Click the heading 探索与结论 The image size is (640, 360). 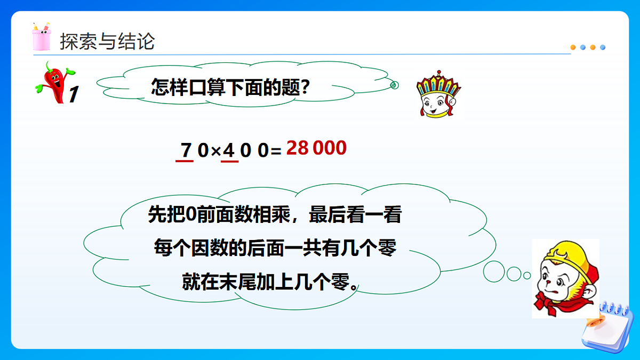coord(107,41)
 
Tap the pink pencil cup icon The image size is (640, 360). coord(41,37)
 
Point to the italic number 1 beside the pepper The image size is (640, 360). coord(74,94)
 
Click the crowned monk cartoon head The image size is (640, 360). coord(438,95)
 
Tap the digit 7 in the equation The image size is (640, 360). coord(186,150)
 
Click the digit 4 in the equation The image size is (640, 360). coord(229,150)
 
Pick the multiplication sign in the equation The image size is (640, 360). coord(215,151)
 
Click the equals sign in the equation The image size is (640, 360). coord(276,152)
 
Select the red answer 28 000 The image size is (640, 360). coord(316,148)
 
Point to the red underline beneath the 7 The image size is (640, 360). coord(185,161)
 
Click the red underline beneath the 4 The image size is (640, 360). coord(229,161)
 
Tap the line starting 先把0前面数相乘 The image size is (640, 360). coord(274,216)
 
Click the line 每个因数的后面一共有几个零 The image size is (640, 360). coord(274,247)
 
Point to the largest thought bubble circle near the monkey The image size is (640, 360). coord(494,272)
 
